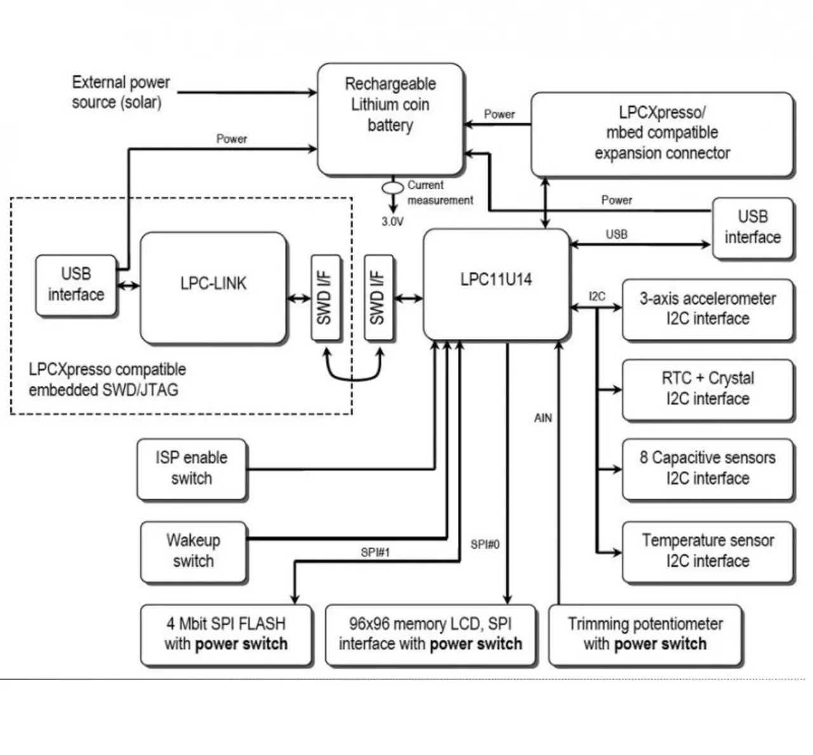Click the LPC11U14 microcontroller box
[x=496, y=284]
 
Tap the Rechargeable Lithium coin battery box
[x=390, y=119]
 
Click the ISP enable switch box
[x=191, y=469]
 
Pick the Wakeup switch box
[x=193, y=551]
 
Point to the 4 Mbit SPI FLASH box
[x=226, y=634]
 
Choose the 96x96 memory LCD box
[x=431, y=634]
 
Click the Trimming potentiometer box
[x=645, y=634]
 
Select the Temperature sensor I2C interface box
[x=708, y=551]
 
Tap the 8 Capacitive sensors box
[x=708, y=469]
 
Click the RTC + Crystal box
[x=708, y=389]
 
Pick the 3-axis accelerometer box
[x=708, y=309]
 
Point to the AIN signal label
[x=543, y=418]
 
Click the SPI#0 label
[x=485, y=544]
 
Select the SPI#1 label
[x=375, y=552]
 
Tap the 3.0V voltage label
[x=392, y=222]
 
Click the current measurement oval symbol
[x=393, y=188]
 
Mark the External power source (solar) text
[x=120, y=93]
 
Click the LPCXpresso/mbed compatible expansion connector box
[x=662, y=133]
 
